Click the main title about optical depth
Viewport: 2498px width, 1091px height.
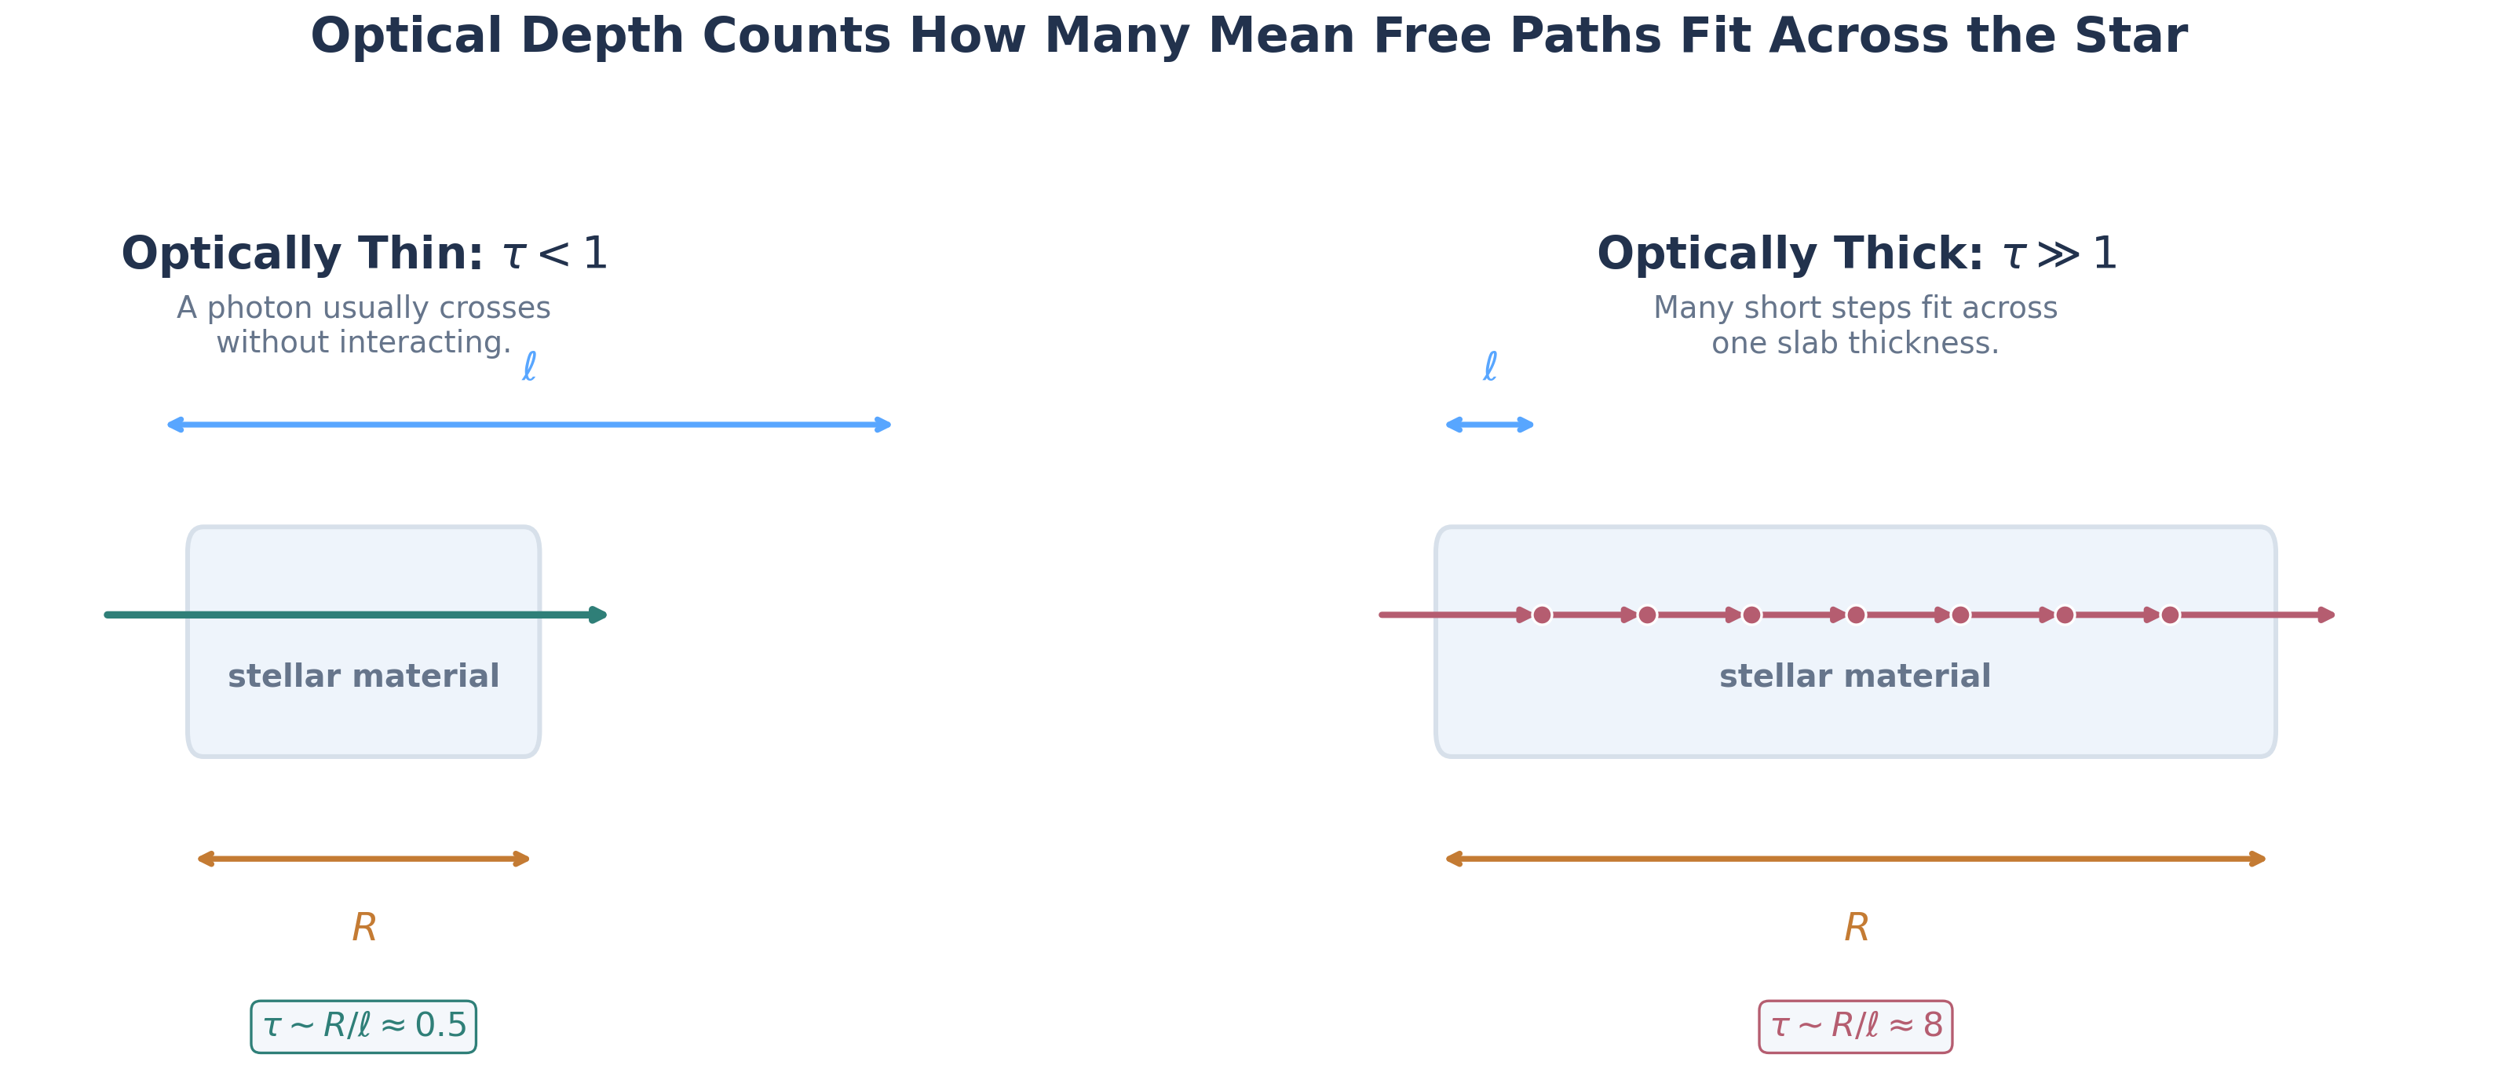(x=1249, y=36)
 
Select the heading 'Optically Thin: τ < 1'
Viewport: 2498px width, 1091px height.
(x=363, y=254)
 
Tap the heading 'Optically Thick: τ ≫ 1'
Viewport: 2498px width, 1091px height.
(x=1856, y=254)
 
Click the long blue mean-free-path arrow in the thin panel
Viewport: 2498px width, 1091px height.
(x=528, y=425)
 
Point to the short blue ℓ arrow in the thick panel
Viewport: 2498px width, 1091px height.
(x=1489, y=425)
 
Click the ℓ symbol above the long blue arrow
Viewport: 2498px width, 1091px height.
(x=528, y=367)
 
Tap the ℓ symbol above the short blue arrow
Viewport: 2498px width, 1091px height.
(x=1489, y=367)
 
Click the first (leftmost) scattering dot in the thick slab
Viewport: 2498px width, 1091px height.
(x=1542, y=615)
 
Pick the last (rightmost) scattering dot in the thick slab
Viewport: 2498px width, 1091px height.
(x=2170, y=615)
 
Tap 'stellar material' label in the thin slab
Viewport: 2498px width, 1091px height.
(x=363, y=676)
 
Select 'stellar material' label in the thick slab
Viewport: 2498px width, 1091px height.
(x=1855, y=676)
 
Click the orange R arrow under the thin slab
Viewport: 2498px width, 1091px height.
(x=363, y=859)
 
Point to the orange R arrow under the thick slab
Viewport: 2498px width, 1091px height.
(x=1855, y=859)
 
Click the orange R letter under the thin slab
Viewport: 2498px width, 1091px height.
(x=363, y=928)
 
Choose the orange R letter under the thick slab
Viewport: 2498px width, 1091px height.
(x=1856, y=928)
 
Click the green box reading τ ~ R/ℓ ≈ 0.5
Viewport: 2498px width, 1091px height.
(x=363, y=1026)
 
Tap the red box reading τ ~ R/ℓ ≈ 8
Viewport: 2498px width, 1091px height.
(x=1855, y=1026)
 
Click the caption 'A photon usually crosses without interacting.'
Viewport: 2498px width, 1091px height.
(x=363, y=325)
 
